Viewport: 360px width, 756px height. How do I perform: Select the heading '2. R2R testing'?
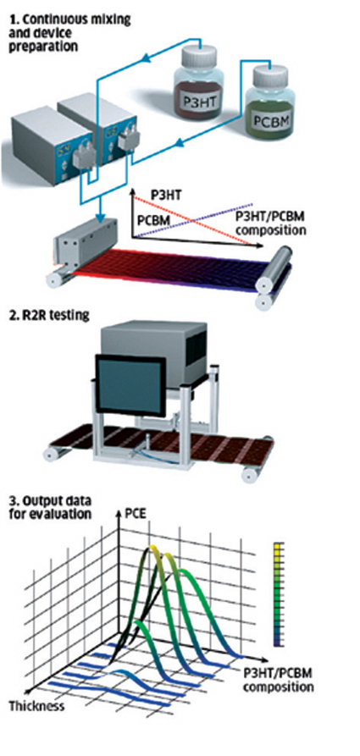[49, 316]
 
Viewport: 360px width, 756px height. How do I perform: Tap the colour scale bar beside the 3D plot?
[279, 595]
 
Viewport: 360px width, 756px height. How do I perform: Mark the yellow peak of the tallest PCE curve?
[154, 549]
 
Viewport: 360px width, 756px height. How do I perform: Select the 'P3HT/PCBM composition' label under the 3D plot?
[277, 680]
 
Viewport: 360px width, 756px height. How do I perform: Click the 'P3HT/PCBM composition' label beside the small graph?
[273, 223]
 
